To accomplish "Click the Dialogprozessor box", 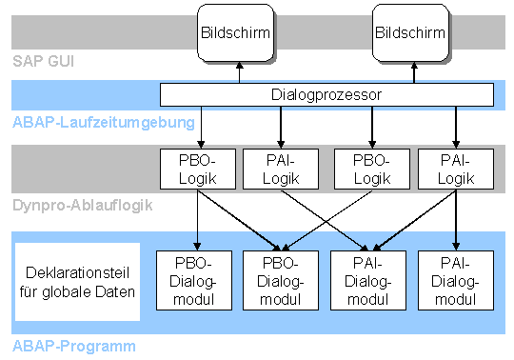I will [326, 94].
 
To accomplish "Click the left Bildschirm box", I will [237, 33].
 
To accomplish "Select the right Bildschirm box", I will [410, 33].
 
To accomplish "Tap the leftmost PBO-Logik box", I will [195, 168].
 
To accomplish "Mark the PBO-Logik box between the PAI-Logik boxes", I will [368, 168].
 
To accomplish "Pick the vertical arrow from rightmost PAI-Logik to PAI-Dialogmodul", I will [456, 218].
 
